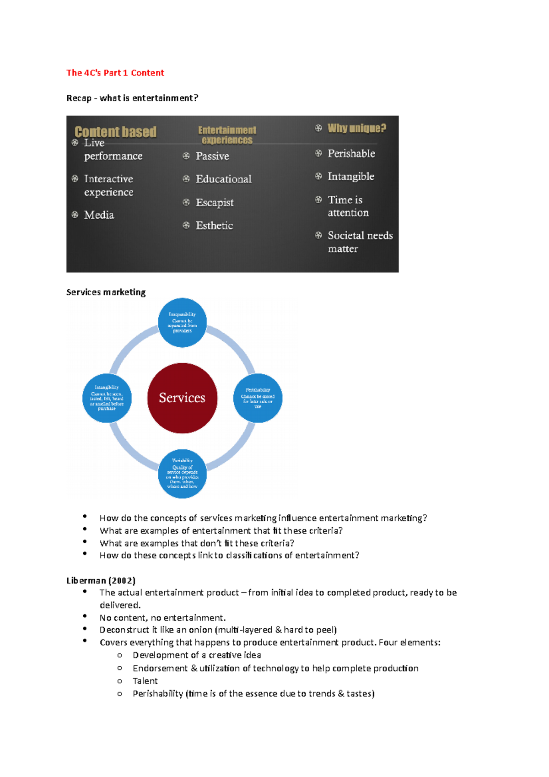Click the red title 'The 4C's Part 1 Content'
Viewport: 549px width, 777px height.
tap(115, 73)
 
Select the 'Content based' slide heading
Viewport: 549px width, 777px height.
tap(115, 132)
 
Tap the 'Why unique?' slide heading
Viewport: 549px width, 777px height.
tap(357, 128)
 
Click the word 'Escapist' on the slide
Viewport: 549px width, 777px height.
tap(215, 202)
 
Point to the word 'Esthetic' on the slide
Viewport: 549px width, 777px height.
tap(214, 225)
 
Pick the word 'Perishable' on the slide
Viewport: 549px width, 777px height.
tap(351, 153)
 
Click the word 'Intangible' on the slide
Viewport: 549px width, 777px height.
tap(351, 176)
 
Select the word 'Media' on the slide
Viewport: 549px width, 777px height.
tap(99, 215)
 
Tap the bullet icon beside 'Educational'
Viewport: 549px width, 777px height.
tap(186, 178)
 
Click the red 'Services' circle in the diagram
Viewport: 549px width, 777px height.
tap(182, 398)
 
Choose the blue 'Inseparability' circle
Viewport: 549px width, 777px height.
tap(182, 322)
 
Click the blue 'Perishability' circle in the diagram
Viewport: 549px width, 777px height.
tap(258, 398)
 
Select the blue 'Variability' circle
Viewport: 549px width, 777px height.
tap(182, 474)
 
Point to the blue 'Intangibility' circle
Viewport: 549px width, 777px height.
tap(107, 398)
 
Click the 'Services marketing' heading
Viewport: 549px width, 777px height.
tap(106, 292)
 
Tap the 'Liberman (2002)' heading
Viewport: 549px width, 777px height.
tap(101, 580)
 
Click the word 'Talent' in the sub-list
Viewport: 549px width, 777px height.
tap(145, 681)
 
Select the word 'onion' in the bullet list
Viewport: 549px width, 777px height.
tap(200, 630)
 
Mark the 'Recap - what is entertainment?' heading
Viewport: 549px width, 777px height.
tap(132, 98)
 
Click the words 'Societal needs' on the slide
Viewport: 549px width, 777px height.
tap(360, 235)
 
